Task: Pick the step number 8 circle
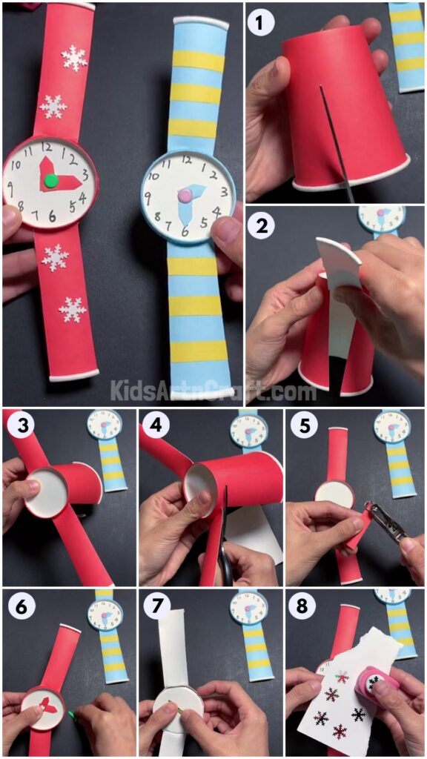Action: (302, 606)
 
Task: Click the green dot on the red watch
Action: (50, 180)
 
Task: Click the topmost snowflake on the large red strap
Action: (74, 58)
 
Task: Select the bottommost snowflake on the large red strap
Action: (73, 309)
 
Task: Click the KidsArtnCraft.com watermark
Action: (213, 391)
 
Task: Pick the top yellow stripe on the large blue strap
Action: (197, 62)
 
